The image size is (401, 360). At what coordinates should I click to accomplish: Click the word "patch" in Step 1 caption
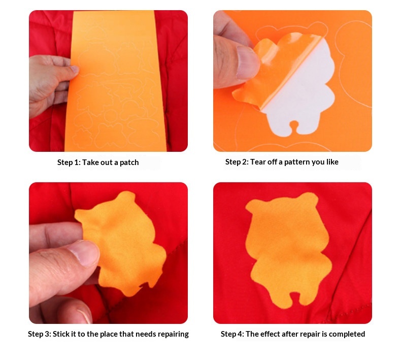[129, 162]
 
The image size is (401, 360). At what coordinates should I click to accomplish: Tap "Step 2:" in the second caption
[237, 162]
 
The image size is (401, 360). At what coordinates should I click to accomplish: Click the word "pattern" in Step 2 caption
[296, 162]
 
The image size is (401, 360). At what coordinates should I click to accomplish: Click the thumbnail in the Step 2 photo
[246, 62]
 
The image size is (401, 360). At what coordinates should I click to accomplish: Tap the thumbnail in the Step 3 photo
[84, 253]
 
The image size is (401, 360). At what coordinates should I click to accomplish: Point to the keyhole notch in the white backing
[294, 126]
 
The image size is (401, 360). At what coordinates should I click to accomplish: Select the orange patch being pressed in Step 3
[123, 243]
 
